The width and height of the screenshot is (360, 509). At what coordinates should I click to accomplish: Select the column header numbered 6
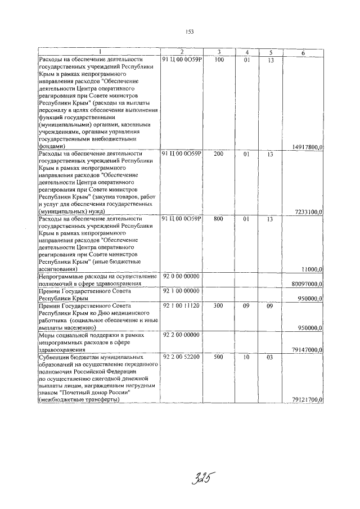click(303, 52)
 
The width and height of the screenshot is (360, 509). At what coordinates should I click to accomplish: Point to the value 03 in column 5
click(270, 357)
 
